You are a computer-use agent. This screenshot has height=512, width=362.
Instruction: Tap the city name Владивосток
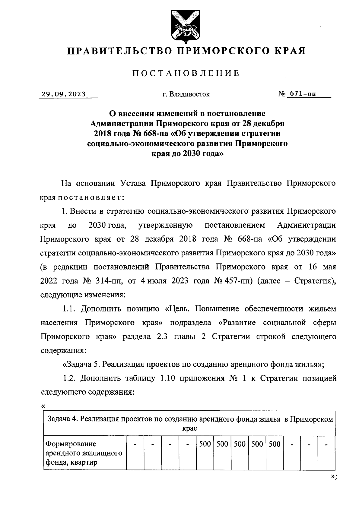[x=190, y=94]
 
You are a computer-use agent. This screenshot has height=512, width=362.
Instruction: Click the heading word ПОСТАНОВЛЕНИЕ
[x=186, y=73]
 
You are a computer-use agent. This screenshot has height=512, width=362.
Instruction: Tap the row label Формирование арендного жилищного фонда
[x=84, y=453]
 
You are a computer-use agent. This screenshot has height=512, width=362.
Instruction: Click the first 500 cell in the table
[x=205, y=444]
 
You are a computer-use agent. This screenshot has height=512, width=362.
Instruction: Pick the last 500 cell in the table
[x=275, y=444]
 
